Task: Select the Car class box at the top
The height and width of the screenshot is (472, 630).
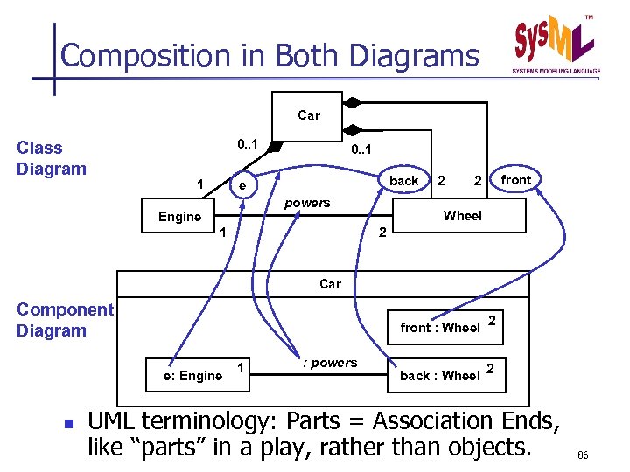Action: [308, 115]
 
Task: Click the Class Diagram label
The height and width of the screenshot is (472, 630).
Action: [52, 158]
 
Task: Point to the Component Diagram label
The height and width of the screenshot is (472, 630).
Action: [65, 320]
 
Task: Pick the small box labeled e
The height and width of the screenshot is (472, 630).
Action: [243, 186]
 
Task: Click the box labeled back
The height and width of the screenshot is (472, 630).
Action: [403, 181]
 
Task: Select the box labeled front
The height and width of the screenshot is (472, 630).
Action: [515, 180]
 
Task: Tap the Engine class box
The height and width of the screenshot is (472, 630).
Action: [179, 217]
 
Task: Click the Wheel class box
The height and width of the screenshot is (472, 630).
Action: [462, 216]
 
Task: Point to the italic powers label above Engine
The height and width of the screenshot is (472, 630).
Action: [308, 203]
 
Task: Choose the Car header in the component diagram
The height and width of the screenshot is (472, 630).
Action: [330, 284]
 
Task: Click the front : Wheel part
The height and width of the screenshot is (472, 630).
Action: [439, 328]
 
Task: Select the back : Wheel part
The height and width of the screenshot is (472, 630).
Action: [439, 376]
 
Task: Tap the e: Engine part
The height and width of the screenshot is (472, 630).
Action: [192, 376]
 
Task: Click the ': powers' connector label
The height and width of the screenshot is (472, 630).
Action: [328, 363]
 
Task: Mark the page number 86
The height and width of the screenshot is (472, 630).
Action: [583, 455]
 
